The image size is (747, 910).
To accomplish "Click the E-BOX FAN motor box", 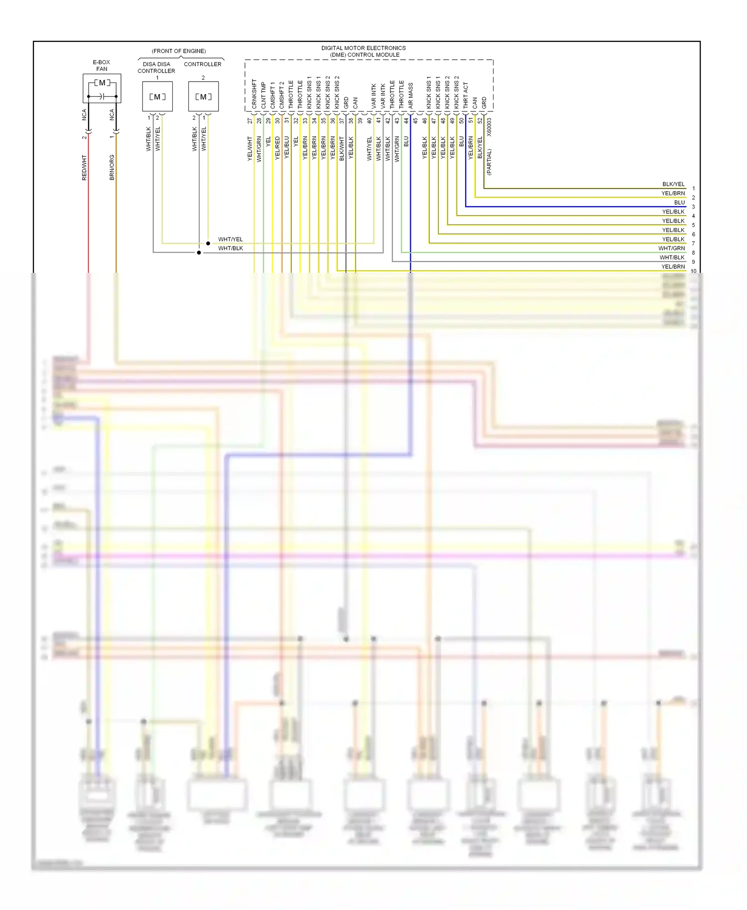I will point(102,89).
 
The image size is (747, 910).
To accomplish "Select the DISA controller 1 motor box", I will point(157,97).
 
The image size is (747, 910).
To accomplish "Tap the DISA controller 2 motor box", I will point(203,97).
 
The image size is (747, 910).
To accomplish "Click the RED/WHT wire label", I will point(84,167).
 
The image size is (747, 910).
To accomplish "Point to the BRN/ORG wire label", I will point(112,167).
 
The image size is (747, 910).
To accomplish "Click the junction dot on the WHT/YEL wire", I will point(208,243).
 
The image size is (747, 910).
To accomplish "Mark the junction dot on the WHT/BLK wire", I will point(199,252).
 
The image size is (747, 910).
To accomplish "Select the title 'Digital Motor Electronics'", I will point(364,48).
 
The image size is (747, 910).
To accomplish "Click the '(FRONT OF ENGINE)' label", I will point(179,51).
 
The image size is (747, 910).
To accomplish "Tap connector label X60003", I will point(489,127).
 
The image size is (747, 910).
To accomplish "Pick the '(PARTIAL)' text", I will point(489,162).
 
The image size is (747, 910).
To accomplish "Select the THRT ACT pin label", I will point(466,96).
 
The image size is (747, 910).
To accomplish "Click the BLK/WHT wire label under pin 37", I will point(342,148).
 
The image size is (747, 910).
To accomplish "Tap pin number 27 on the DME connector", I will point(250,120).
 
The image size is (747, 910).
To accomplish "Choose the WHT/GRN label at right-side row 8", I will point(671,248).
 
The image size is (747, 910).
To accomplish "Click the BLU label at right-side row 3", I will point(679,203).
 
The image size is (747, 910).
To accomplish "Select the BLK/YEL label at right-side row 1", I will point(673,184).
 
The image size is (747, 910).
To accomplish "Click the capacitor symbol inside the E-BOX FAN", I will point(102,96).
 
